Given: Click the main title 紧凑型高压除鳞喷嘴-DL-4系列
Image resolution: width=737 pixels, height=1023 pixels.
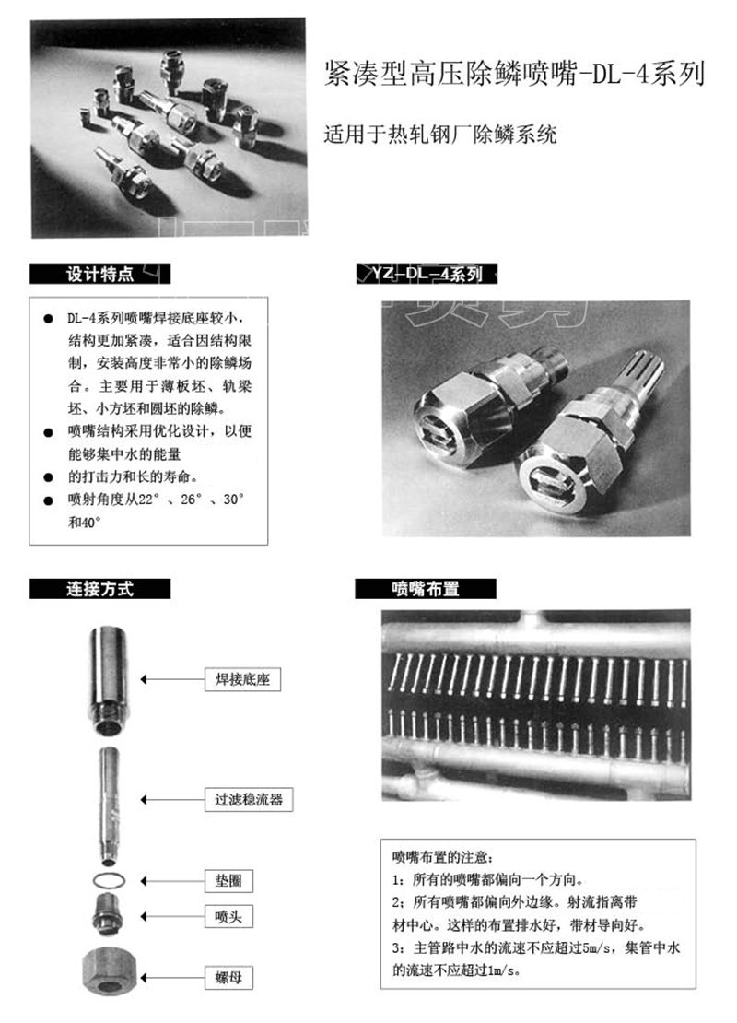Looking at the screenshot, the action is tap(515, 73).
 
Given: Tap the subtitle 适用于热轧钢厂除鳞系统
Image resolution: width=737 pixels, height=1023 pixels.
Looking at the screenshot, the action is tap(440, 135).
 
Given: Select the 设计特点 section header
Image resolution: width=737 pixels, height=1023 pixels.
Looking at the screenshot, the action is tap(99, 274).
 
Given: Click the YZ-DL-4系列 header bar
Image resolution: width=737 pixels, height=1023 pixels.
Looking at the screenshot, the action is tap(427, 274).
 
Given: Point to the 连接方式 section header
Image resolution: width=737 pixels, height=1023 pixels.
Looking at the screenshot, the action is tap(99, 589).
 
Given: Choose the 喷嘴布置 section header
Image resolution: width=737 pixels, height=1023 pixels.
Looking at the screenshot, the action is tap(426, 589).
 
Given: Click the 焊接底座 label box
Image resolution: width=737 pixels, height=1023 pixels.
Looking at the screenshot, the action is tap(242, 679).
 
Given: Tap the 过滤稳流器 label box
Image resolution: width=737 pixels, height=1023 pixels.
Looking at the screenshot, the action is tap(249, 799).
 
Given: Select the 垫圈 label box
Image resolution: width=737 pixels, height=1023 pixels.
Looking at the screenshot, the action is tap(228, 881).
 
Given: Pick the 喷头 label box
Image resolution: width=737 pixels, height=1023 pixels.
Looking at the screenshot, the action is tap(228, 916).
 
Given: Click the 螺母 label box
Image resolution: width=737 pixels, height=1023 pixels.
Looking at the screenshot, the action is tap(228, 977).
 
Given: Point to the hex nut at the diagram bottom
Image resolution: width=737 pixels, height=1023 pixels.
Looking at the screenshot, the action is tap(109, 971).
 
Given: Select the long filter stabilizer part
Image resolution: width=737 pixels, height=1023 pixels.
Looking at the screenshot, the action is tap(109, 806).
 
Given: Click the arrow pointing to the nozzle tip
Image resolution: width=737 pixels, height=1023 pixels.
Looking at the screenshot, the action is tap(172, 917).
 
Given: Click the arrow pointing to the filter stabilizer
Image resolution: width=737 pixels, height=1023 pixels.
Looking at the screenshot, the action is tap(172, 800).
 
